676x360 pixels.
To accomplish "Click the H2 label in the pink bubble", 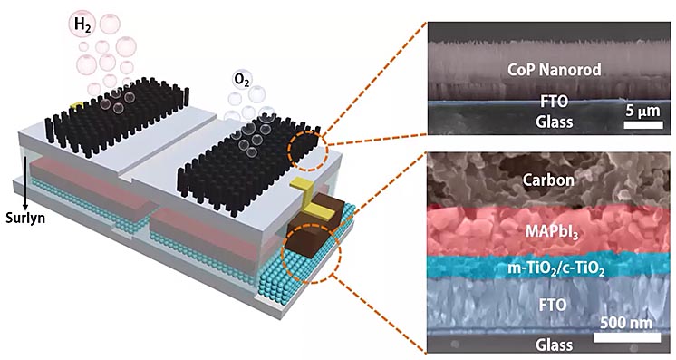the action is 82,24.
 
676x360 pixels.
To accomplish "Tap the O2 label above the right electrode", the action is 242,80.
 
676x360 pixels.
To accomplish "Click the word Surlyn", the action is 25,218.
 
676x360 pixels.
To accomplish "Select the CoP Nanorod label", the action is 554,70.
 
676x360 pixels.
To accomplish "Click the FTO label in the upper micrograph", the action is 555,102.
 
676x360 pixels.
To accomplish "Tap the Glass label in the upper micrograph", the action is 555,122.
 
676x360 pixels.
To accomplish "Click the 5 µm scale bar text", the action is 642,111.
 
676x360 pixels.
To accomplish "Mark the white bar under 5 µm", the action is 643,125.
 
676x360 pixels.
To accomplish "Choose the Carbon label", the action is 548,180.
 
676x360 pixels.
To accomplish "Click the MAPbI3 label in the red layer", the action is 552,232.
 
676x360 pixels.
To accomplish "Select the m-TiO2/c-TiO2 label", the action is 555,269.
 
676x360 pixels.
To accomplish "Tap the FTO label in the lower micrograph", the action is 552,305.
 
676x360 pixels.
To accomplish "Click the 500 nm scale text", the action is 626,323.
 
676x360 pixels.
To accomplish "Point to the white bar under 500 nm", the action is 627,337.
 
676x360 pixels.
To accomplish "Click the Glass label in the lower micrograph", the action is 555,345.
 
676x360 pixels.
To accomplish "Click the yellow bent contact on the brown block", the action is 310,199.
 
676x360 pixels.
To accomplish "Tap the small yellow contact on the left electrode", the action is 77,105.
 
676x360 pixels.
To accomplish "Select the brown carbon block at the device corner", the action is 317,229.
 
